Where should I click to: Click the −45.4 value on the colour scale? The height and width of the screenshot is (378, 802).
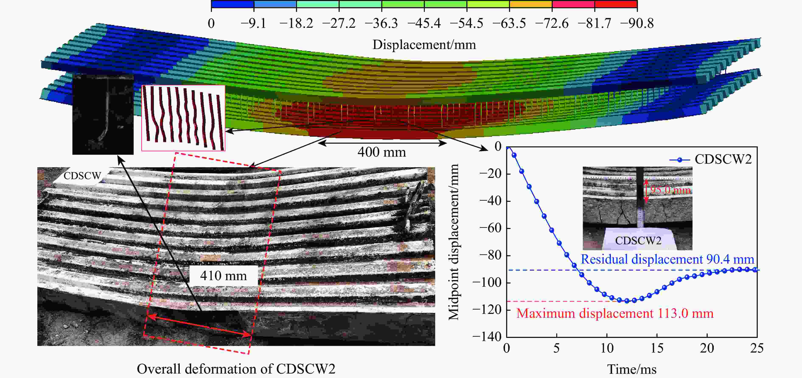424,24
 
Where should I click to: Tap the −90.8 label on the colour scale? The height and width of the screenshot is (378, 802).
637,24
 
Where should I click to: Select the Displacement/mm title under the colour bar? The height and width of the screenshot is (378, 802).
424,45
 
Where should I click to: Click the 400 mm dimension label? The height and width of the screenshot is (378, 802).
382,152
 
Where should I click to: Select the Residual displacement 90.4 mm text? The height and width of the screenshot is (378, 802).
667,259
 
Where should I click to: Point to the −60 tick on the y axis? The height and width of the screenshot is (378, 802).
490,228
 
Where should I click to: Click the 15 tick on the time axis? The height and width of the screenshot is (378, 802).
657,348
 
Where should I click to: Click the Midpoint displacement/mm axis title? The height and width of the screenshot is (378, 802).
454,242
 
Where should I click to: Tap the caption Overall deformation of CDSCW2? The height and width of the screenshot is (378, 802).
236,369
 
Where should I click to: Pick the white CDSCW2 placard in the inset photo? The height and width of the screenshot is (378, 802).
638,241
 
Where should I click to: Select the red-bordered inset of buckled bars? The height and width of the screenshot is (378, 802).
183,118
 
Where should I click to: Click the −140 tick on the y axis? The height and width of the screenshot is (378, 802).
487,337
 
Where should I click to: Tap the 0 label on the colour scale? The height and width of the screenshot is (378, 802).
211,24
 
